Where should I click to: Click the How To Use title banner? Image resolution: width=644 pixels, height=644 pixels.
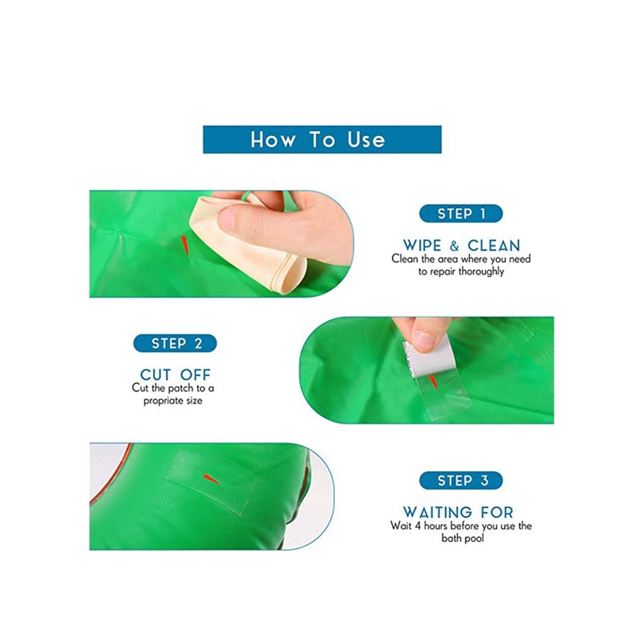pyautogui.click(x=321, y=139)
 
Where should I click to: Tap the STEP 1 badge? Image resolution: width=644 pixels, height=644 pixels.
pyautogui.click(x=460, y=214)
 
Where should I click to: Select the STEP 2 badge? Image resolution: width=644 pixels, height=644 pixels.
pyautogui.click(x=175, y=344)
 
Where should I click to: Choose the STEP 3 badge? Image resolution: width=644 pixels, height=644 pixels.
pyautogui.click(x=460, y=481)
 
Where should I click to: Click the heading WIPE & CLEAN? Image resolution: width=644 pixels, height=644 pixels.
pyautogui.click(x=461, y=245)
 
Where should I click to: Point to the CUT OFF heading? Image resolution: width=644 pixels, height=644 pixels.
pyautogui.click(x=175, y=374)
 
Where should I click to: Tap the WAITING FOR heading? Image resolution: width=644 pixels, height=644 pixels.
pyautogui.click(x=457, y=512)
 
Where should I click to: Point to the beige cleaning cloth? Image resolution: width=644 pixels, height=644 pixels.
pyautogui.click(x=242, y=242)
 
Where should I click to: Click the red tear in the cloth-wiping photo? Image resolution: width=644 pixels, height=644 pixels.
pyautogui.click(x=185, y=242)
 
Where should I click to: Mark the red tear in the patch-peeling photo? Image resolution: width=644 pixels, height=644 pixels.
pyautogui.click(x=433, y=379)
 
